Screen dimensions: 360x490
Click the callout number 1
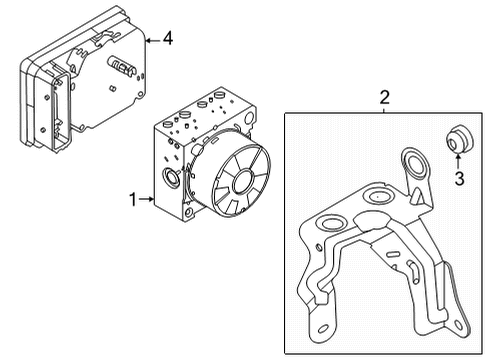click(x=131, y=200)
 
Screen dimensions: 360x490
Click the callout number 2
click(x=383, y=98)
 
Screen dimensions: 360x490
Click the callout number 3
click(x=459, y=179)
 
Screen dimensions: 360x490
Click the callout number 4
click(x=167, y=39)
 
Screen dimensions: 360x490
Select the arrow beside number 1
click(x=146, y=200)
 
